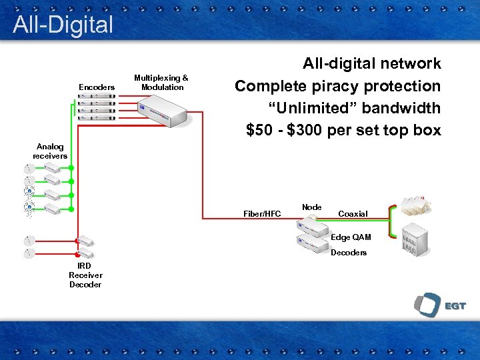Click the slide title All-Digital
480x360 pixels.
click(x=63, y=25)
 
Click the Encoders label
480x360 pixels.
click(x=97, y=87)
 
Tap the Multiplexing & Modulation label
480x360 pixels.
click(x=161, y=83)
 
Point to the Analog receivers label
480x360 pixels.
click(x=51, y=151)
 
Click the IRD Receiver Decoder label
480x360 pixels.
click(x=85, y=275)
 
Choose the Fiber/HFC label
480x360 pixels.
click(x=262, y=214)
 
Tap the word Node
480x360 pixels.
click(x=311, y=207)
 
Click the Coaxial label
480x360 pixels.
click(x=353, y=214)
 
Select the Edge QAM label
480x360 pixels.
click(x=351, y=237)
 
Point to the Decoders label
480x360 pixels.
click(x=349, y=253)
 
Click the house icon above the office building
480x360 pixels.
click(x=414, y=207)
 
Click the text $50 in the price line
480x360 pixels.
click(x=259, y=130)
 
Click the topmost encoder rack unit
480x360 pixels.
click(x=96, y=96)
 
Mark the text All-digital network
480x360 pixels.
click(x=371, y=64)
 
